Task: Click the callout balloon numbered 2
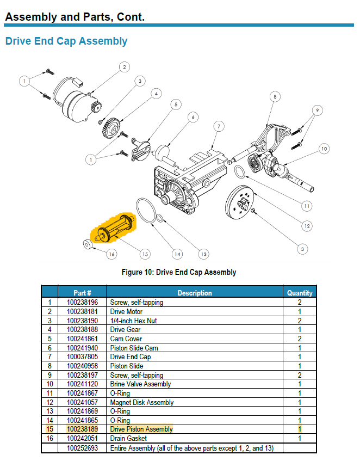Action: click(x=124, y=67)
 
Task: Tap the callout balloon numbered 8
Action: click(x=275, y=97)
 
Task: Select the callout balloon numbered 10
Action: click(x=324, y=148)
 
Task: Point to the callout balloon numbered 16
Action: click(x=111, y=254)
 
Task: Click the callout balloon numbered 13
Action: click(x=203, y=254)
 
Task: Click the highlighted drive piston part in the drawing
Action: click(x=116, y=227)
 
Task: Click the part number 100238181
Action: click(x=82, y=312)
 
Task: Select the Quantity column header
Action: click(x=300, y=293)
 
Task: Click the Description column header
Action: click(x=194, y=293)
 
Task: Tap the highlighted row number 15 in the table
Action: click(x=49, y=429)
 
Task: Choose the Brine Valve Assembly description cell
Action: click(x=140, y=384)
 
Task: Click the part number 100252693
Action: click(x=82, y=447)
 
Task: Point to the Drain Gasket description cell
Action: click(x=128, y=438)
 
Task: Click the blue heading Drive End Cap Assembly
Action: click(x=66, y=41)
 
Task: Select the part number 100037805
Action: click(x=82, y=357)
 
